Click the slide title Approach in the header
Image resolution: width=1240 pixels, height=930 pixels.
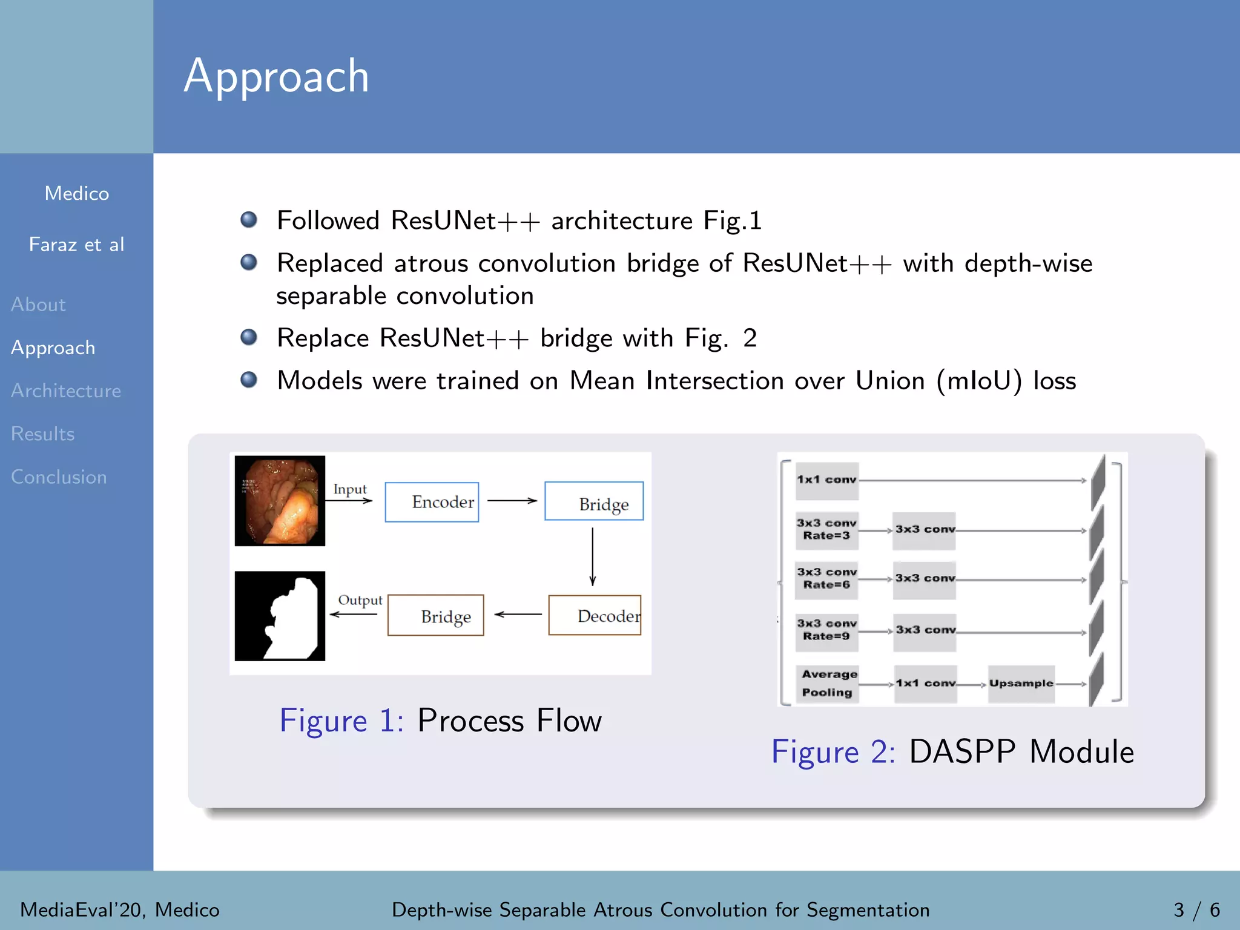[276, 76]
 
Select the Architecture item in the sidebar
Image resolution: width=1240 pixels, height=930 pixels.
[66, 391]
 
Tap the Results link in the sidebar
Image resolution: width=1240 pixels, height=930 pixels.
[43, 434]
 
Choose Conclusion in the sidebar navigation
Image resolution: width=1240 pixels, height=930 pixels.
[59, 477]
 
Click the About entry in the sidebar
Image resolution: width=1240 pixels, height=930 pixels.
[38, 304]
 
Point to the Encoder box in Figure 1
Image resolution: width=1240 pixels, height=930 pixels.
[432, 502]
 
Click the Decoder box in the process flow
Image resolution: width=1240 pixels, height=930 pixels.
[595, 615]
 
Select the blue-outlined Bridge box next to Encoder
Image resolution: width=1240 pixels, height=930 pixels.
[594, 501]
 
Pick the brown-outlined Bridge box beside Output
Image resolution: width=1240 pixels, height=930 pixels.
[436, 615]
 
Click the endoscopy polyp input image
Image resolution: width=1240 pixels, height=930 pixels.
[280, 501]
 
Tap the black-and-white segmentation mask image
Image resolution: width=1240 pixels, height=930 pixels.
[280, 616]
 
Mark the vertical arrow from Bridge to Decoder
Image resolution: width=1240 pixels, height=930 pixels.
[593, 556]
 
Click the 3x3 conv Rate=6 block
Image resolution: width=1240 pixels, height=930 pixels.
[826, 579]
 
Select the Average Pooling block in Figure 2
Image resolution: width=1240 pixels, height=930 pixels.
[827, 684]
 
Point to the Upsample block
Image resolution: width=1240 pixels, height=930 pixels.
[1021, 684]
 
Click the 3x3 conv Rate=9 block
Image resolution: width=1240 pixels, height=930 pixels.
[826, 630]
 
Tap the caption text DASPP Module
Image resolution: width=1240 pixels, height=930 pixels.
[1021, 752]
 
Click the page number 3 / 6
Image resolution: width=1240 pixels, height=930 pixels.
[1196, 909]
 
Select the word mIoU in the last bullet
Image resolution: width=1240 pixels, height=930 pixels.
[979, 381]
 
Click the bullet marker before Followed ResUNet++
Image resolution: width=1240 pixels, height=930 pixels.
[249, 220]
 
